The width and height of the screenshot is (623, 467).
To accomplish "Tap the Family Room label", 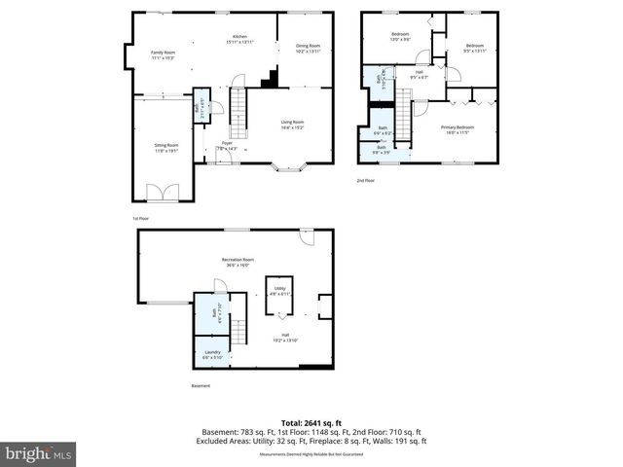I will (x=163, y=54).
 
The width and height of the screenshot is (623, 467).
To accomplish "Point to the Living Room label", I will (x=292, y=124).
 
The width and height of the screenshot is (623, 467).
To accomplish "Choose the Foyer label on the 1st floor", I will (x=226, y=144).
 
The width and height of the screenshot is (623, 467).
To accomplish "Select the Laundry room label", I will (x=211, y=354).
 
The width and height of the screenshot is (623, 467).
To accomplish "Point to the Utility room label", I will (x=279, y=291).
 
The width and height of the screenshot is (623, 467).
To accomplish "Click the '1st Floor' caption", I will (x=142, y=219).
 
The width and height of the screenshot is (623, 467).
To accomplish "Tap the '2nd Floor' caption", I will (x=365, y=181).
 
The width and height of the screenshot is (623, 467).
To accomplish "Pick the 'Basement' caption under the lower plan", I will (x=200, y=386).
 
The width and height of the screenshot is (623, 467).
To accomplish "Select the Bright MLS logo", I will (x=39, y=453).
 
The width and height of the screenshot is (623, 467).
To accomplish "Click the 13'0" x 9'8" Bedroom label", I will (x=400, y=38).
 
